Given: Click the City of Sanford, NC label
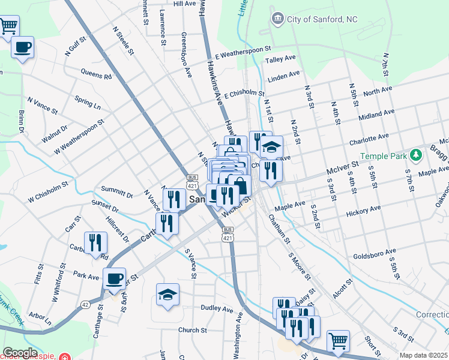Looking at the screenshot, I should (x=322, y=19).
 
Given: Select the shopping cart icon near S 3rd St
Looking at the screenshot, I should (x=338, y=340).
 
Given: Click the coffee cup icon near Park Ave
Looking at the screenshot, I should (x=114, y=278).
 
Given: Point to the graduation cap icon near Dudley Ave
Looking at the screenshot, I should (x=167, y=294).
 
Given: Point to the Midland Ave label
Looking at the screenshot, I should (x=376, y=114).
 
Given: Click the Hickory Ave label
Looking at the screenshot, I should (x=363, y=211).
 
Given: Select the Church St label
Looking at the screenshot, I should (x=192, y=330).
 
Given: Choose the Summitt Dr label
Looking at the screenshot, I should (x=116, y=191).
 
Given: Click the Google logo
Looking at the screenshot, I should (x=20, y=353).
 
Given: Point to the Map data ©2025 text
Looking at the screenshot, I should (x=424, y=355).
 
